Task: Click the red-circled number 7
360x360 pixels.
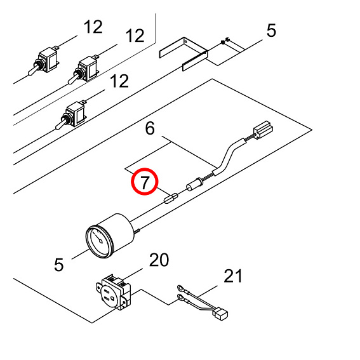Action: pyautogui.click(x=145, y=182)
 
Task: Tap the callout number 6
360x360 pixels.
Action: pyautogui.click(x=150, y=128)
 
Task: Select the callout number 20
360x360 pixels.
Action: pyautogui.click(x=159, y=260)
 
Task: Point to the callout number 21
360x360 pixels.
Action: pyautogui.click(x=233, y=276)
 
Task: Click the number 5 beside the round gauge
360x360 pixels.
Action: pyautogui.click(x=59, y=265)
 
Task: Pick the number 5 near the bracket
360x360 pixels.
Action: pyautogui.click(x=271, y=30)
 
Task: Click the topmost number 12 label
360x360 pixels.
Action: pyautogui.click(x=93, y=27)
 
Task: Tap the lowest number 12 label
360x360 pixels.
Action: pyautogui.click(x=119, y=81)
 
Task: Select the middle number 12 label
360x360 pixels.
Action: pyautogui.click(x=135, y=36)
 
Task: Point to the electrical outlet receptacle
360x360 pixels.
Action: pyautogui.click(x=113, y=292)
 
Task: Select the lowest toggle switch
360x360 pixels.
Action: pyautogui.click(x=71, y=114)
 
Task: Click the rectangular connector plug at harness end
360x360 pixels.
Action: pyautogui.click(x=263, y=130)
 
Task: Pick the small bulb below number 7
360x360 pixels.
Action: pyautogui.click(x=171, y=199)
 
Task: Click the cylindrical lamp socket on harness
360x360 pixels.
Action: pyautogui.click(x=195, y=184)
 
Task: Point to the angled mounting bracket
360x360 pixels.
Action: pyautogui.click(x=183, y=54)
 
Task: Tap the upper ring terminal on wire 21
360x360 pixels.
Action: pyautogui.click(x=180, y=288)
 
